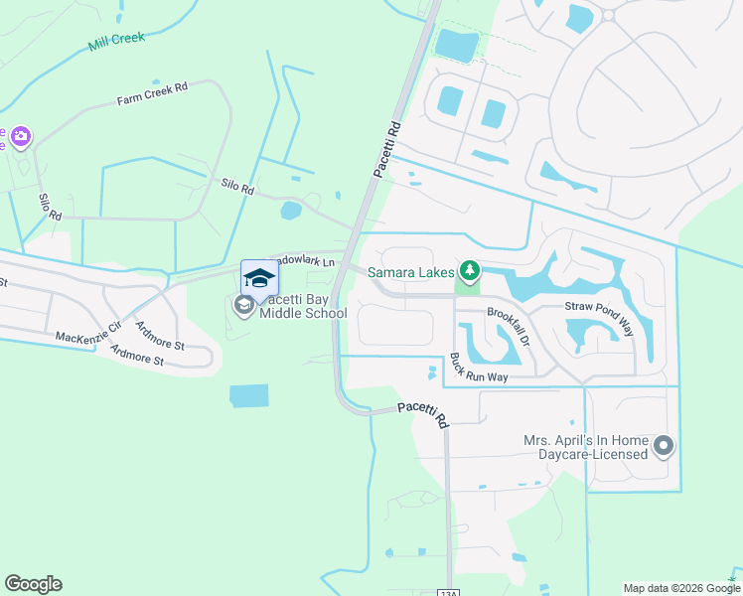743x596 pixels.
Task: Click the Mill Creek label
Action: pyautogui.click(x=116, y=42)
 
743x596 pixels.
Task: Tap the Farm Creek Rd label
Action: pyautogui.click(x=152, y=94)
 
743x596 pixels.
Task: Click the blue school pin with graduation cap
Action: pyautogui.click(x=258, y=279)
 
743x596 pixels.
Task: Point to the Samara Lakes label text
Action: pyautogui.click(x=410, y=271)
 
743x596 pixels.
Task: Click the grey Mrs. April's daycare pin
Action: pyautogui.click(x=664, y=446)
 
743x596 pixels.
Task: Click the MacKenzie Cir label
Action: pyautogui.click(x=88, y=332)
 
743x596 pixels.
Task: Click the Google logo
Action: pyautogui.click(x=33, y=584)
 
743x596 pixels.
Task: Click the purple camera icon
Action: pyautogui.click(x=21, y=136)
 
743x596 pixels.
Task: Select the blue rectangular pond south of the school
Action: pyautogui.click(x=248, y=395)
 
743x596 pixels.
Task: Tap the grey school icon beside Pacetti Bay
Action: pyautogui.click(x=242, y=306)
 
